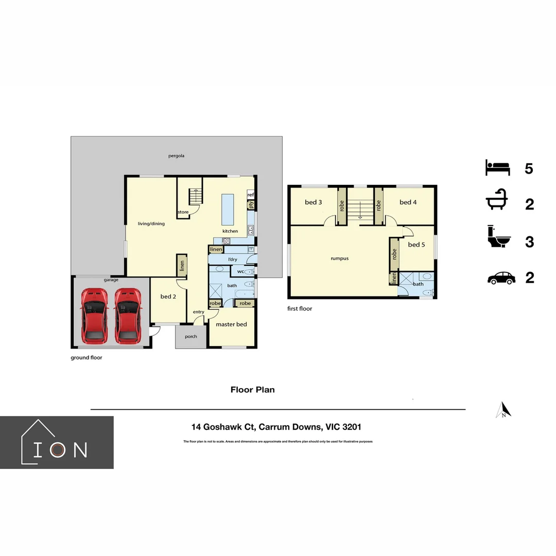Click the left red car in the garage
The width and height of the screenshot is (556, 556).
click(x=93, y=316)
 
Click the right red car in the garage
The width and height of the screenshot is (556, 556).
click(x=128, y=316)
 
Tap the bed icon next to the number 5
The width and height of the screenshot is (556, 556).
click(x=497, y=168)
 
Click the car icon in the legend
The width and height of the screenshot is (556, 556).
click(x=501, y=278)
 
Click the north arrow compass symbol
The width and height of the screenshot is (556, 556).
click(x=503, y=410)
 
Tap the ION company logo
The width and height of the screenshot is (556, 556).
click(x=57, y=443)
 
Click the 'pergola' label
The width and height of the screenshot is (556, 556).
click(x=176, y=155)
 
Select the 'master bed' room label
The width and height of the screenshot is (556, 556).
click(x=231, y=324)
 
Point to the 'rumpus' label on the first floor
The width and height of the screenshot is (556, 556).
click(x=339, y=258)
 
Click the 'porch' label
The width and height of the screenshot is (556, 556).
click(x=191, y=337)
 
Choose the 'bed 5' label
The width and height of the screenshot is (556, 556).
click(x=416, y=245)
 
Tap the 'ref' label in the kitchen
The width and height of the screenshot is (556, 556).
click(x=251, y=195)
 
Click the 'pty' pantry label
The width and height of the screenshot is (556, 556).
click(x=251, y=205)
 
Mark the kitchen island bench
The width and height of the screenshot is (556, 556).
click(x=228, y=209)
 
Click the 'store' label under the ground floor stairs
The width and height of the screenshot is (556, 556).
click(x=183, y=212)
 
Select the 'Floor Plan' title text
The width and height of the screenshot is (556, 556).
click(x=252, y=390)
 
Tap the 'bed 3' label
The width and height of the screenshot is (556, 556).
click(x=314, y=202)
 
